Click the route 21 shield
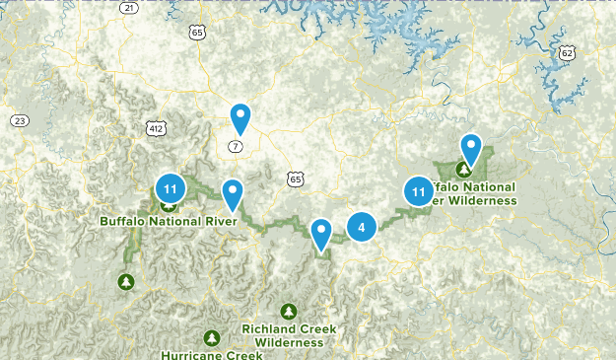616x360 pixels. tap(129, 7)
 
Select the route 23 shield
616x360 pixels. tap(20, 120)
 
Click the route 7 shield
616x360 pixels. tap(235, 146)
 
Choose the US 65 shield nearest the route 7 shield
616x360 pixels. tap(296, 178)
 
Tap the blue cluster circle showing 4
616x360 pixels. tap(362, 228)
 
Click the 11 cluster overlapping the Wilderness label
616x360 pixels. tap(419, 191)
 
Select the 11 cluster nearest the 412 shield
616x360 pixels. tap(171, 187)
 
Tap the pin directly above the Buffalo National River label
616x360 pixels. tap(233, 194)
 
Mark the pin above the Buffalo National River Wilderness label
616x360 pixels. tap(471, 150)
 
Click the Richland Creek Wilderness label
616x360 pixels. tap(289, 335)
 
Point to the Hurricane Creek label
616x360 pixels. tap(212, 354)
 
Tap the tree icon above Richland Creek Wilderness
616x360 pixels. tap(289, 311)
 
